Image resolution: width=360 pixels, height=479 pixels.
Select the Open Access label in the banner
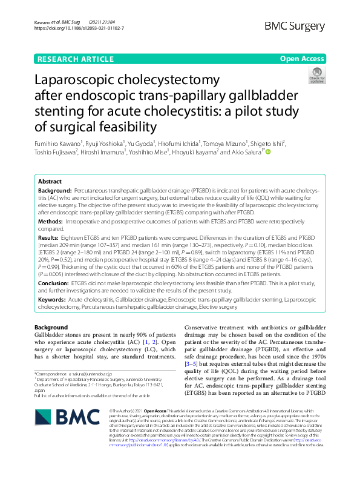(301, 59)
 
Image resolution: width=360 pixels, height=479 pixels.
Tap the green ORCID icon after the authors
(267, 152)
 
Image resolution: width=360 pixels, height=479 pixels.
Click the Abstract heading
(50, 182)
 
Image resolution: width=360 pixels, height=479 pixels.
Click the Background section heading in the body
(51, 328)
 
